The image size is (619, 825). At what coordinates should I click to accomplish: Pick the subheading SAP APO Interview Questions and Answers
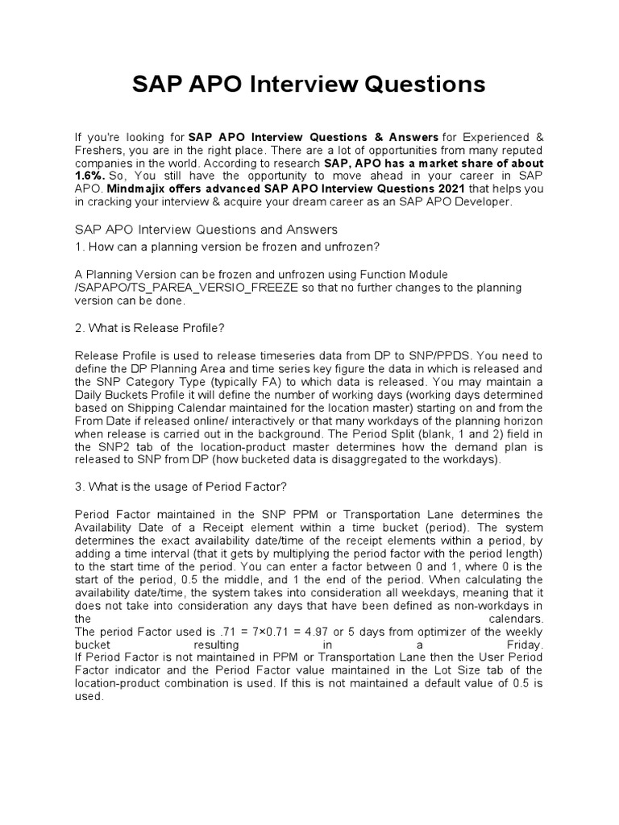pos(206,230)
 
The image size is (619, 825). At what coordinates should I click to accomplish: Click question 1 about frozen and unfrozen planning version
pos(226,247)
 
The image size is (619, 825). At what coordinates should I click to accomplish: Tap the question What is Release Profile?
pos(148,329)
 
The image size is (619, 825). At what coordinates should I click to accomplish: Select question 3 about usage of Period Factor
pos(181,487)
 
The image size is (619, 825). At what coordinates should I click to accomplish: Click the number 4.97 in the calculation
pos(305,632)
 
